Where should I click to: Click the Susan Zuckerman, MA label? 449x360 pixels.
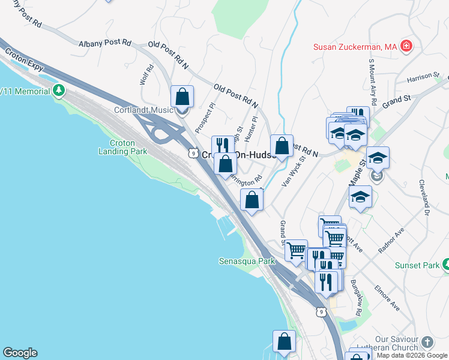(x=355, y=46)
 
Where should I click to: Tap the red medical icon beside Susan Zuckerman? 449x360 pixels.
(x=406, y=46)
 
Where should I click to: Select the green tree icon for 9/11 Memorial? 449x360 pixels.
(x=58, y=91)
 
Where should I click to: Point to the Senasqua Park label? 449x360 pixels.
(x=246, y=261)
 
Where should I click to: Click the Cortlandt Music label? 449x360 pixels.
(x=143, y=110)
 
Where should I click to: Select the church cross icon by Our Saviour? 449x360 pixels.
(x=427, y=341)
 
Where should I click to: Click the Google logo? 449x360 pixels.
(x=20, y=353)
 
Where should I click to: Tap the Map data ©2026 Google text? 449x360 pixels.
(x=412, y=355)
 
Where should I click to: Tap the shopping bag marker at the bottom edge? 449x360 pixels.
(x=284, y=341)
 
